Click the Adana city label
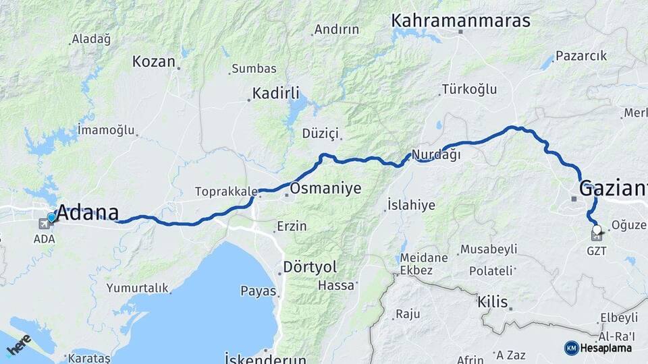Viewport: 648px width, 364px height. [88, 212]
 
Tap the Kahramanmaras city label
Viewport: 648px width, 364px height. [460, 21]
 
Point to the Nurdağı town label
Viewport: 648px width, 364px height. [436, 154]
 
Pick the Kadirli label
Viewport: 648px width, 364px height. [275, 93]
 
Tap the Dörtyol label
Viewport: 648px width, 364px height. [310, 266]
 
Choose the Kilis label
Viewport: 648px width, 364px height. [492, 301]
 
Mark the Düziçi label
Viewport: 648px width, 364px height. [320, 133]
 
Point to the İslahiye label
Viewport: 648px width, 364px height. [411, 205]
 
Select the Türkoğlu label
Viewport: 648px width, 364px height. [469, 89]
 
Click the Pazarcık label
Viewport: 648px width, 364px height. [581, 56]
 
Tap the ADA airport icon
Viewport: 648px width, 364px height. [44, 222]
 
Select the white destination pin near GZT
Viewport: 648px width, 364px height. [596, 229]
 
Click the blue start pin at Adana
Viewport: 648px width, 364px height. [52, 217]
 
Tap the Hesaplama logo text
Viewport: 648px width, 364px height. [605, 348]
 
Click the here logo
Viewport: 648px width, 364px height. [18, 346]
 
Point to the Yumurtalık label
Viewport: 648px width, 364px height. [137, 289]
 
